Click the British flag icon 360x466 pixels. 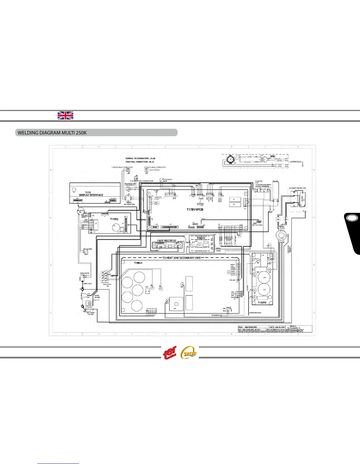tap(65, 116)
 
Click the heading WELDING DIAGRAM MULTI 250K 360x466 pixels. tap(52, 133)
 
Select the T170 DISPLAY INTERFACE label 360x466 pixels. tap(91, 194)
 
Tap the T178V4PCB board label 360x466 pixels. tap(195, 210)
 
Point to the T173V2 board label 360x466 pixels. tap(114, 219)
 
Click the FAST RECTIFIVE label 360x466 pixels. tap(167, 241)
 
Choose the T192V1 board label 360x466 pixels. tap(201, 238)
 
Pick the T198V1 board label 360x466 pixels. tap(138, 263)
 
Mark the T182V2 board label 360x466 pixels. tap(262, 302)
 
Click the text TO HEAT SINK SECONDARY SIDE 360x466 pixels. tap(181, 258)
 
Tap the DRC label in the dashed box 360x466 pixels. tap(273, 157)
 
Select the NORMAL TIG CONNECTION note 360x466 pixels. tap(140, 159)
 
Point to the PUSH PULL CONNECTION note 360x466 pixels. tap(140, 162)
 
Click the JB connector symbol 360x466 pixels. tap(128, 170)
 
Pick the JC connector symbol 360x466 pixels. tap(146, 170)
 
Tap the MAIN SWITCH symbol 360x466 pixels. tap(105, 276)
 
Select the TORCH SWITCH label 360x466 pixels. tap(84, 273)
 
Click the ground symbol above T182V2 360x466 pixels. tap(268, 245)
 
